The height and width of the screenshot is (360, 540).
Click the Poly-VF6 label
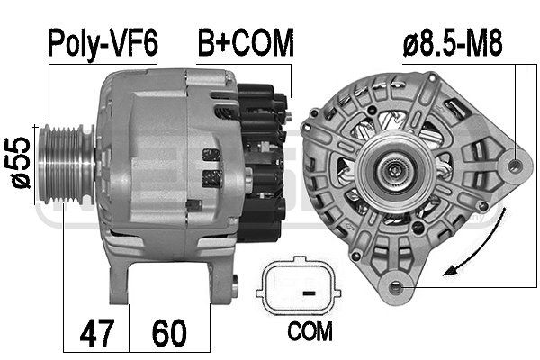101,42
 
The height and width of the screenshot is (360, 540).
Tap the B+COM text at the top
246,42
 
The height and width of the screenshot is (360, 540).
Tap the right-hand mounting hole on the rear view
516,166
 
